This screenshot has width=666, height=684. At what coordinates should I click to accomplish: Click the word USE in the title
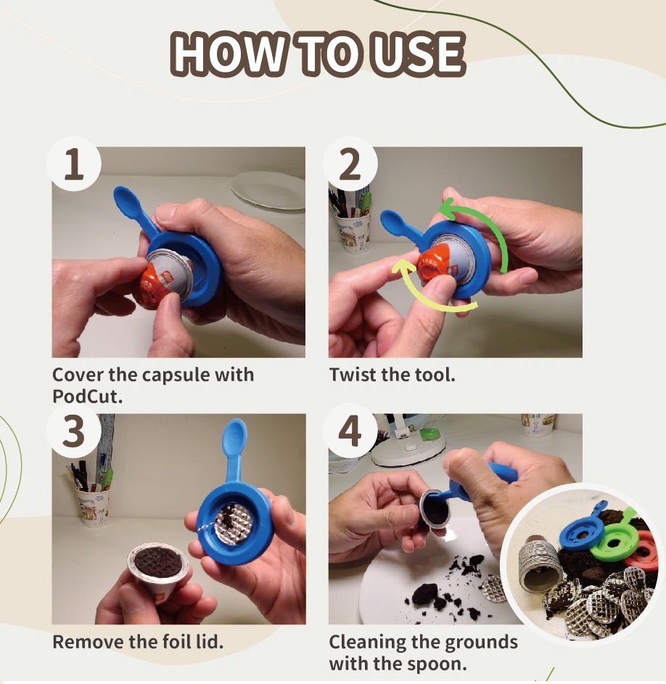pos(419,53)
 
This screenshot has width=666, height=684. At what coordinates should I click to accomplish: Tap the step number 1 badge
pos(74,163)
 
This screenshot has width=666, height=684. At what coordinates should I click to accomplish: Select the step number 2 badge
pos(350,163)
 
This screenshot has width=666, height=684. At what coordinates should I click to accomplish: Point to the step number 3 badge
pos(74,431)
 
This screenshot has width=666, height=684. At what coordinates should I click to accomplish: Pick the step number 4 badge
pos(350,431)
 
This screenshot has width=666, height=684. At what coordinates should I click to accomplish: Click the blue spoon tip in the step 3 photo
pos(234,436)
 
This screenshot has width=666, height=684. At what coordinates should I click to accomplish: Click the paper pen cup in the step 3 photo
pos(94,506)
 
